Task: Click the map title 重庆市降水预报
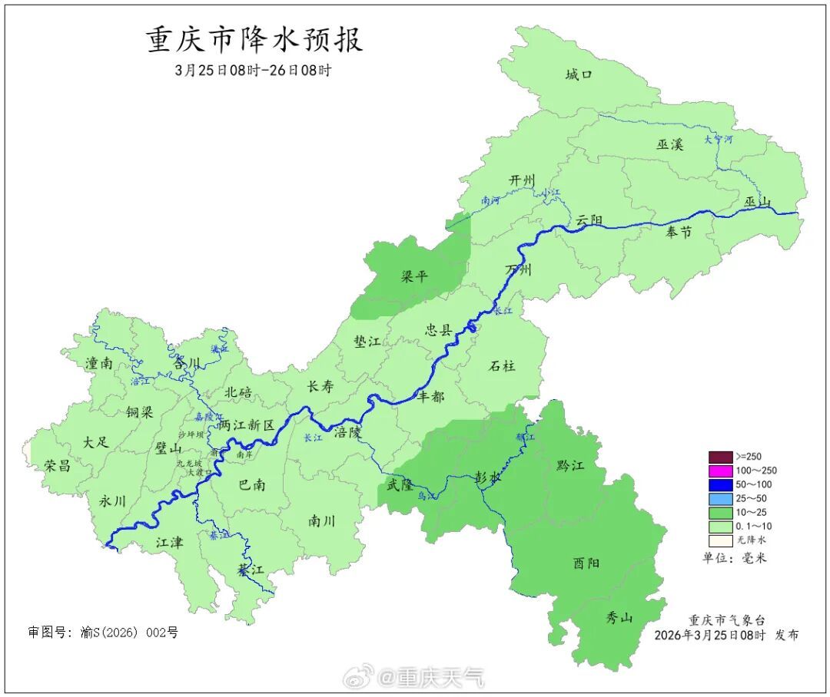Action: tap(254, 40)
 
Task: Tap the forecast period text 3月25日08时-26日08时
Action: tap(253, 70)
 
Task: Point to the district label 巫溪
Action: tap(669, 144)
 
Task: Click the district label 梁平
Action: tap(414, 276)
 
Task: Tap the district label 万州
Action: tap(518, 270)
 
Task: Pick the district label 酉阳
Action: tap(586, 563)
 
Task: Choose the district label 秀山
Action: tap(619, 616)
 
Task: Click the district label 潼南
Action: tap(99, 363)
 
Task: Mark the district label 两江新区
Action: tap(246, 424)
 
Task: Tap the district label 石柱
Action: tap(503, 365)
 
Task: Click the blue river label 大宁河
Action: tap(719, 140)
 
